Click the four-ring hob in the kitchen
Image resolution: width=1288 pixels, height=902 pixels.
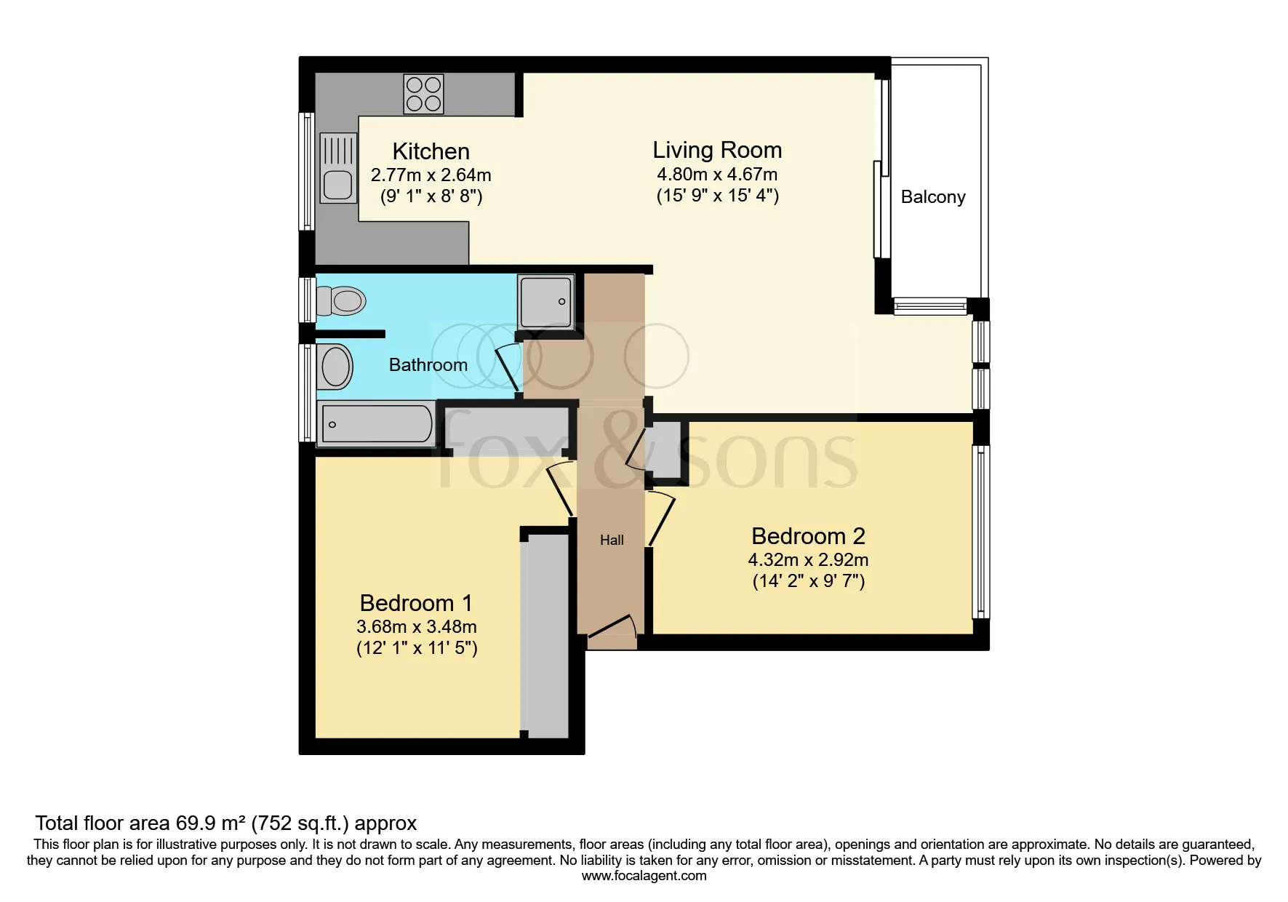pos(423,95)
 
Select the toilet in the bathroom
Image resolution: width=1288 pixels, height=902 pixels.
pos(342,300)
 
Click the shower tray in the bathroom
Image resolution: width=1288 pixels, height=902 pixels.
pos(545,301)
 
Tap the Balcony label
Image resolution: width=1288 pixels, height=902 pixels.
pos(932,197)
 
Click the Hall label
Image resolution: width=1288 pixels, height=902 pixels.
pos(612,540)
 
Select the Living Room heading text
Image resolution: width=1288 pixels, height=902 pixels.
pos(717,150)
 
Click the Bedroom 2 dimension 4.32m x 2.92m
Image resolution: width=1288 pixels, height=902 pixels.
pos(808,559)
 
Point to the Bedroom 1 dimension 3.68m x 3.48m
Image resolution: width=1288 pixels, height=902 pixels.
pos(417,626)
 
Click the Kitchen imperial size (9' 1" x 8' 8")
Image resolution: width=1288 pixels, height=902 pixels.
pos(431,196)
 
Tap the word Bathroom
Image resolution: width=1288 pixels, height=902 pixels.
pos(428,364)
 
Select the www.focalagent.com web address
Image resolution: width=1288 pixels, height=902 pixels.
pos(644,876)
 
